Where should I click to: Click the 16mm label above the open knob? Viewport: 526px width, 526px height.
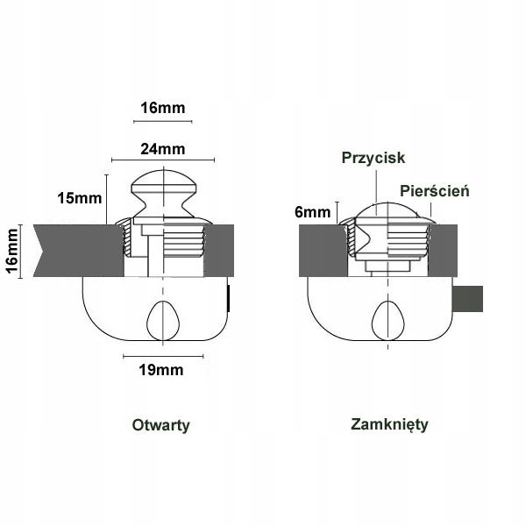(163, 109)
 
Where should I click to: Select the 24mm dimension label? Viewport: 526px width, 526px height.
(163, 148)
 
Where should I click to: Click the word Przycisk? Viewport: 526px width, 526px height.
(373, 158)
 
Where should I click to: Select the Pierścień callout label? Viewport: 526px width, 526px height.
(436, 190)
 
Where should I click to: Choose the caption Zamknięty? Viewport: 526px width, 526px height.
(389, 424)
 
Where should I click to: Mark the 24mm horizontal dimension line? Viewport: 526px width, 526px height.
(163, 160)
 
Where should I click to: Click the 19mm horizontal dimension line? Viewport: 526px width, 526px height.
(163, 356)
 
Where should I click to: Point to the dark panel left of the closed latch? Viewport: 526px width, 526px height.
(321, 249)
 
